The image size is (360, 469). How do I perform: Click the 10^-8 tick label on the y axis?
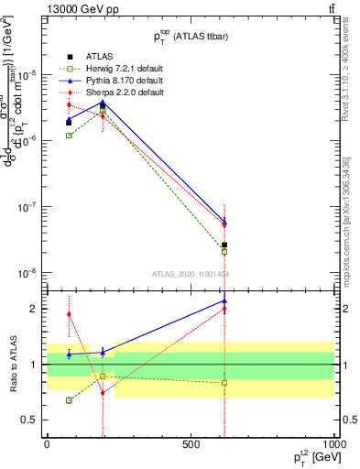pyautogui.click(x=25, y=272)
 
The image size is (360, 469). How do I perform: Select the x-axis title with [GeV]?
pyautogui.click(x=307, y=457)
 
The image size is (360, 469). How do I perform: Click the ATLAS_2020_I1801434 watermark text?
pyautogui.click(x=190, y=273)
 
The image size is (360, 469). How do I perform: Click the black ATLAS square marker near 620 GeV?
pyautogui.click(x=224, y=245)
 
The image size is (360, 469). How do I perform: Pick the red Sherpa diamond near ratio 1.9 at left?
pyautogui.click(x=69, y=314)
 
